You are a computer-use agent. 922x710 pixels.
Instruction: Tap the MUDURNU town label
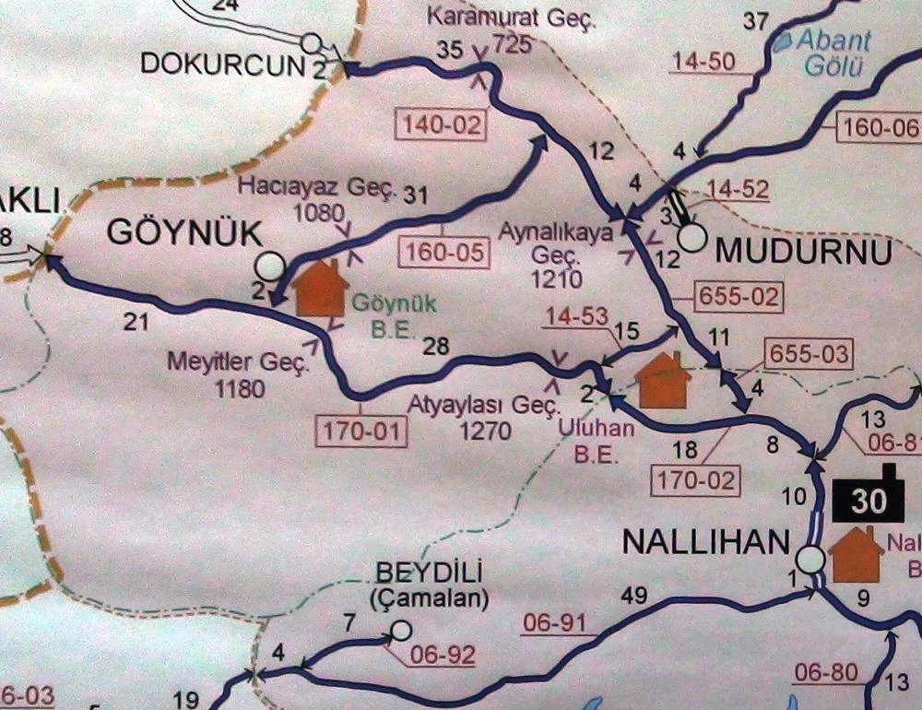tap(804, 252)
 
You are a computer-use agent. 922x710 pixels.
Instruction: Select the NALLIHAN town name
tap(707, 542)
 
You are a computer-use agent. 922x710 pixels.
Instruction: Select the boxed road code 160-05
tap(443, 253)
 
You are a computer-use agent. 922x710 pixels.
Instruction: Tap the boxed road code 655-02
tap(728, 297)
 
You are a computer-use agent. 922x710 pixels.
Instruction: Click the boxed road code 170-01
tap(362, 430)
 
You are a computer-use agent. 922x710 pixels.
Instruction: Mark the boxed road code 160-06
tap(879, 128)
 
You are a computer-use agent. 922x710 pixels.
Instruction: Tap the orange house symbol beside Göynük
tap(321, 287)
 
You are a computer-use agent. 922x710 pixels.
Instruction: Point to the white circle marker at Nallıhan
tap(810, 559)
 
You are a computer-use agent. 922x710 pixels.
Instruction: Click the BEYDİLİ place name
tap(429, 573)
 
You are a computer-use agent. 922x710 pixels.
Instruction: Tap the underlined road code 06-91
tap(554, 624)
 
